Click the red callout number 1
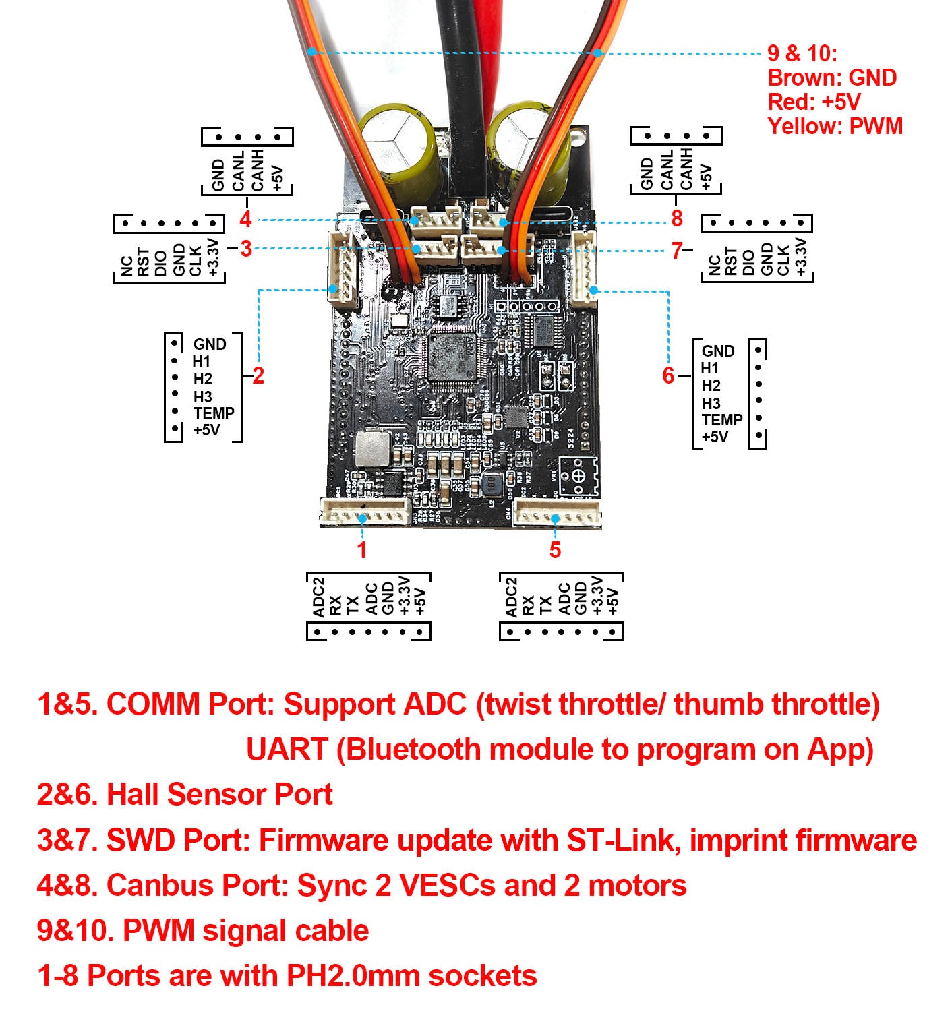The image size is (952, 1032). (362, 549)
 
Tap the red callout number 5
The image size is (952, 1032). (555, 549)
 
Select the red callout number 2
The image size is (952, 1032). (258, 375)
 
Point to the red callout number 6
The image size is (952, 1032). (668, 375)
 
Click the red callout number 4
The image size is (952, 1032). (245, 219)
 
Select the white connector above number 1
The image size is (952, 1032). (365, 512)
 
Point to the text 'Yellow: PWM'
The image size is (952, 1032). (835, 126)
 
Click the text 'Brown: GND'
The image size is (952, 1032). (832, 78)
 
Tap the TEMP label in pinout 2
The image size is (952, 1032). (214, 413)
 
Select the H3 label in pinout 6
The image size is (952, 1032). (711, 403)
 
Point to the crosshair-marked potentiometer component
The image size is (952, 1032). (578, 476)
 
